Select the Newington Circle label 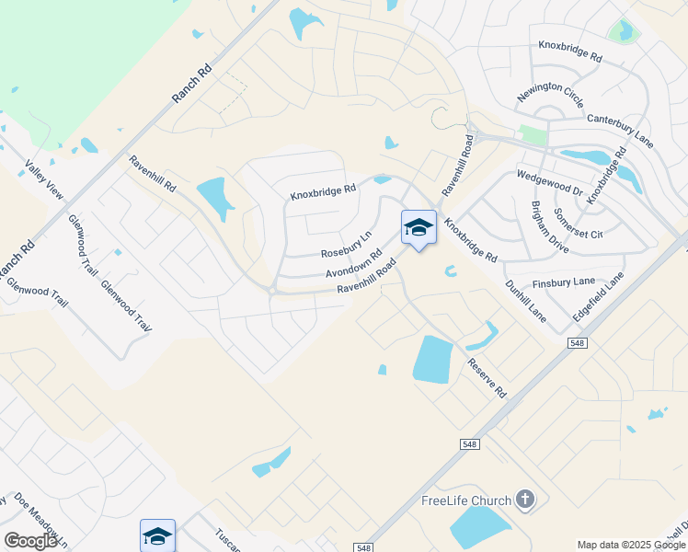click(550, 96)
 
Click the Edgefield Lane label click(599, 296)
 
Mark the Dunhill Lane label click(526, 301)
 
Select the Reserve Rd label click(487, 377)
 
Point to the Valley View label click(44, 180)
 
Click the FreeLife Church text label click(465, 500)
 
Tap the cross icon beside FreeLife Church click(525, 500)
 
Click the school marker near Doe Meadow click(157, 535)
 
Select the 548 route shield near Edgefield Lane click(577, 343)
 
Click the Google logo click(30, 541)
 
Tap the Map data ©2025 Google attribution click(631, 545)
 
